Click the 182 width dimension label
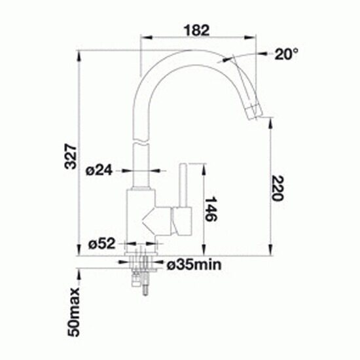coord(197,30)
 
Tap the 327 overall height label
coord(70,156)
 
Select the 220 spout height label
coord(278,188)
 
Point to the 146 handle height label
coord(211,209)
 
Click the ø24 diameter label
coord(99,170)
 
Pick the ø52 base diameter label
coord(101,243)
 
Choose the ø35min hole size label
coord(194,264)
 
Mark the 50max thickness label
coord(73,312)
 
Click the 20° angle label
coord(287,54)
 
